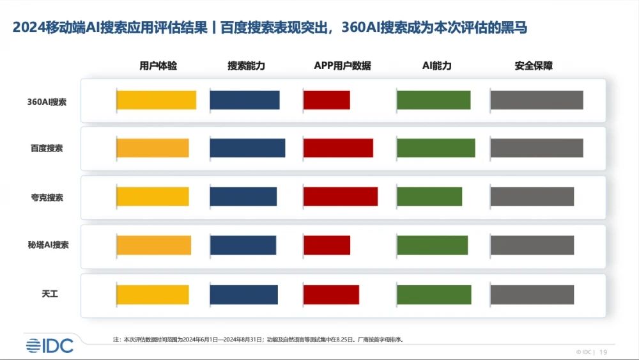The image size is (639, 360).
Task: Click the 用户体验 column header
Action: pos(158,66)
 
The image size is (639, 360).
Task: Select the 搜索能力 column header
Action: pos(246,66)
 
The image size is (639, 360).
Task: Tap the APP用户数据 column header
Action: pos(343,66)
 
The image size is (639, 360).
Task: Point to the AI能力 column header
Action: pos(437,66)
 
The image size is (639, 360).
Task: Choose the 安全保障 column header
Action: pos(534,66)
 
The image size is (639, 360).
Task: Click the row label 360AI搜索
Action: pos(47,102)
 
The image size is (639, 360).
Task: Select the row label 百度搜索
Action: pos(47,148)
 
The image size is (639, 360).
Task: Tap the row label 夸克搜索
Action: pos(47,198)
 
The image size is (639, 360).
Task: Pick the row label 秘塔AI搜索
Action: pos(47,245)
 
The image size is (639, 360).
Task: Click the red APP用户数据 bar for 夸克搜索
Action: pos(340,196)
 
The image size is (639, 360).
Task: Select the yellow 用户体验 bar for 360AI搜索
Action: pos(156,100)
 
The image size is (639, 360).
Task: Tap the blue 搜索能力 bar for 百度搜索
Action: pos(247,148)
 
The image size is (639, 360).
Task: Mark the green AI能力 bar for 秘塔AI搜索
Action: pos(432,246)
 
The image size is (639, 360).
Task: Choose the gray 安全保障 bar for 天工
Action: pos(532,294)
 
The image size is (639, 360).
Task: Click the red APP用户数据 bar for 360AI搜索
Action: pos(327,100)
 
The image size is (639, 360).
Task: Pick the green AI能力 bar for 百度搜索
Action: pos(436,148)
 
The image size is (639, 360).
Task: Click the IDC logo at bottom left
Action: pos(50,345)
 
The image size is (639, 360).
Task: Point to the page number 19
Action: pos(603,352)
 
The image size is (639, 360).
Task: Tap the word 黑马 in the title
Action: pos(516,27)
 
